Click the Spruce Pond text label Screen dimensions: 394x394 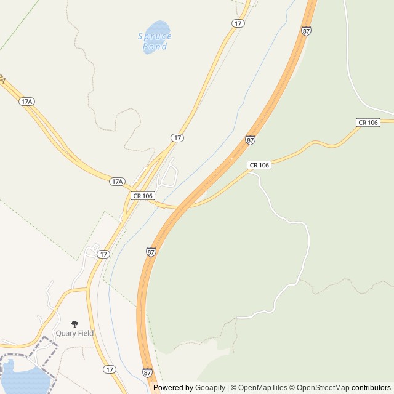[x=155, y=41]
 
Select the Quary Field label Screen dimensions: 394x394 [x=74, y=333]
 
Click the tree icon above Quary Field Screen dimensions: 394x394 [x=75, y=324]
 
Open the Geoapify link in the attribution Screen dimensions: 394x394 [x=210, y=388]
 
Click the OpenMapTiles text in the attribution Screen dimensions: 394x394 [x=262, y=388]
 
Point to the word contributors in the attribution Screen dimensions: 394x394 [x=371, y=388]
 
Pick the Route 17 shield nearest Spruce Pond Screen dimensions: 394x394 [x=238, y=23]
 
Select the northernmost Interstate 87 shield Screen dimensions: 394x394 [x=306, y=31]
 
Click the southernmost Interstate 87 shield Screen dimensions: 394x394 [x=147, y=372]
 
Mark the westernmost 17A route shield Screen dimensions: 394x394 [x=26, y=102]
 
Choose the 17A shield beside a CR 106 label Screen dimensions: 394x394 [x=118, y=182]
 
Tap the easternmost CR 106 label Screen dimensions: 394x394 [x=368, y=123]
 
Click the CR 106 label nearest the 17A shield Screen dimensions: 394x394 [x=142, y=196]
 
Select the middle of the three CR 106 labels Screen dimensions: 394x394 [x=259, y=165]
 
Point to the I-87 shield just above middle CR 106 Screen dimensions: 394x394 [x=250, y=140]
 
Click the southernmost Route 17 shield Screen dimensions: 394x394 [x=109, y=369]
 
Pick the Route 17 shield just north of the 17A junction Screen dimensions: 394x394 [x=177, y=138]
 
